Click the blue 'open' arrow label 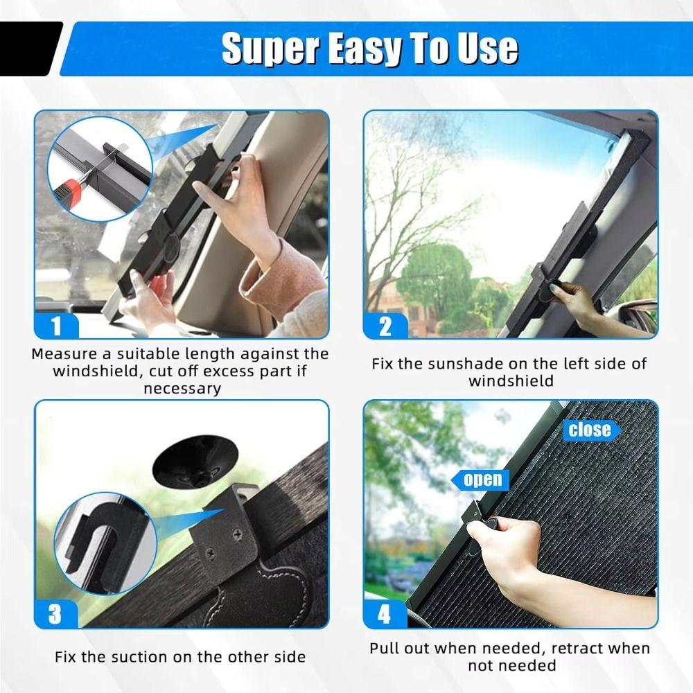click(482, 479)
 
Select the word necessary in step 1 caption click(182, 388)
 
